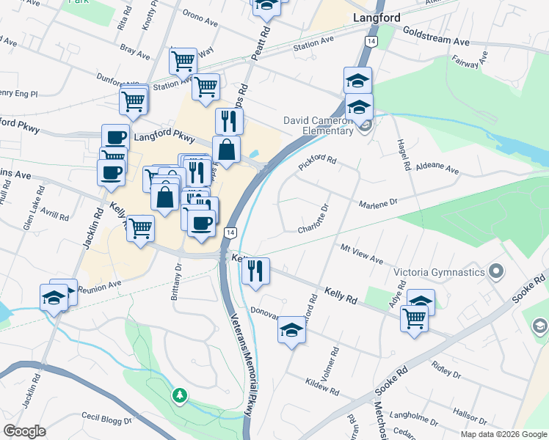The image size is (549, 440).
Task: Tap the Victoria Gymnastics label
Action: coord(440,272)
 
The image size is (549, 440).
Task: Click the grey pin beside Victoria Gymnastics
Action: coord(497,271)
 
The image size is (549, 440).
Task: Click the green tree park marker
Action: coord(179,396)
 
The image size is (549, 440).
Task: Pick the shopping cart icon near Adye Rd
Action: coord(414,318)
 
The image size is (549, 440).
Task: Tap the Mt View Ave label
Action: coord(362,255)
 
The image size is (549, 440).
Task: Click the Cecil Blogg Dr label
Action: coord(106,417)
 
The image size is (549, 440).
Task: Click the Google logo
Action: coord(25,431)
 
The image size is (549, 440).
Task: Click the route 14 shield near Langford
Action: coord(372,43)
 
